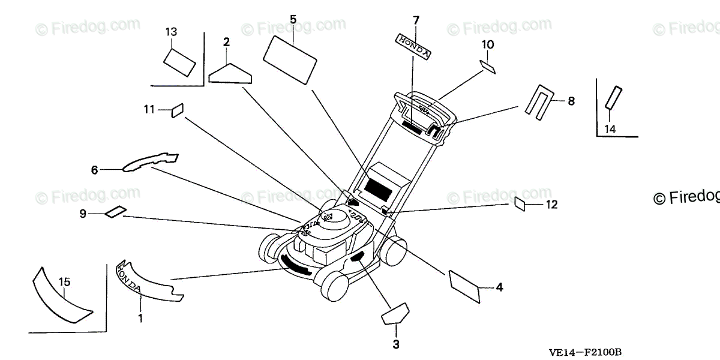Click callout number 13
click(x=172, y=31)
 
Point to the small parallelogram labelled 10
click(x=487, y=65)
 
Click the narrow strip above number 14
click(x=614, y=97)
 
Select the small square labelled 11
click(x=176, y=110)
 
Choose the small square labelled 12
click(x=520, y=204)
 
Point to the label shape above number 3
click(x=394, y=314)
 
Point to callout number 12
click(x=551, y=205)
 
